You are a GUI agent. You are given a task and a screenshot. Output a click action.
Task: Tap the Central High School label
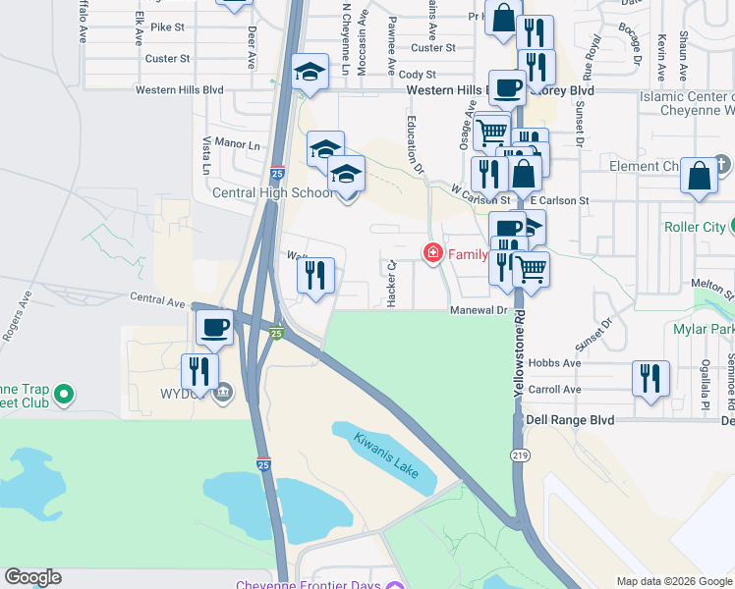[272, 192]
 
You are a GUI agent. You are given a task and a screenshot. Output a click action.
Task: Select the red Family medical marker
[431, 254]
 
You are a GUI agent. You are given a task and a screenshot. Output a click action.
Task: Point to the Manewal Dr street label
[479, 310]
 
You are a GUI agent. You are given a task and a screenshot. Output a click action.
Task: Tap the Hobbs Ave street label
[554, 362]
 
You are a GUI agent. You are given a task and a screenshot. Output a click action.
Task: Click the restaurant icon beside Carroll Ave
[650, 377]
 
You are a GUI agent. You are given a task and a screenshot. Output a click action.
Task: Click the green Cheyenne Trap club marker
[64, 396]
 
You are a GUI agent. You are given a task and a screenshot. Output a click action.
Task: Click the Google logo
[32, 577]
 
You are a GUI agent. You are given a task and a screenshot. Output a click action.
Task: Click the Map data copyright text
[673, 581]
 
